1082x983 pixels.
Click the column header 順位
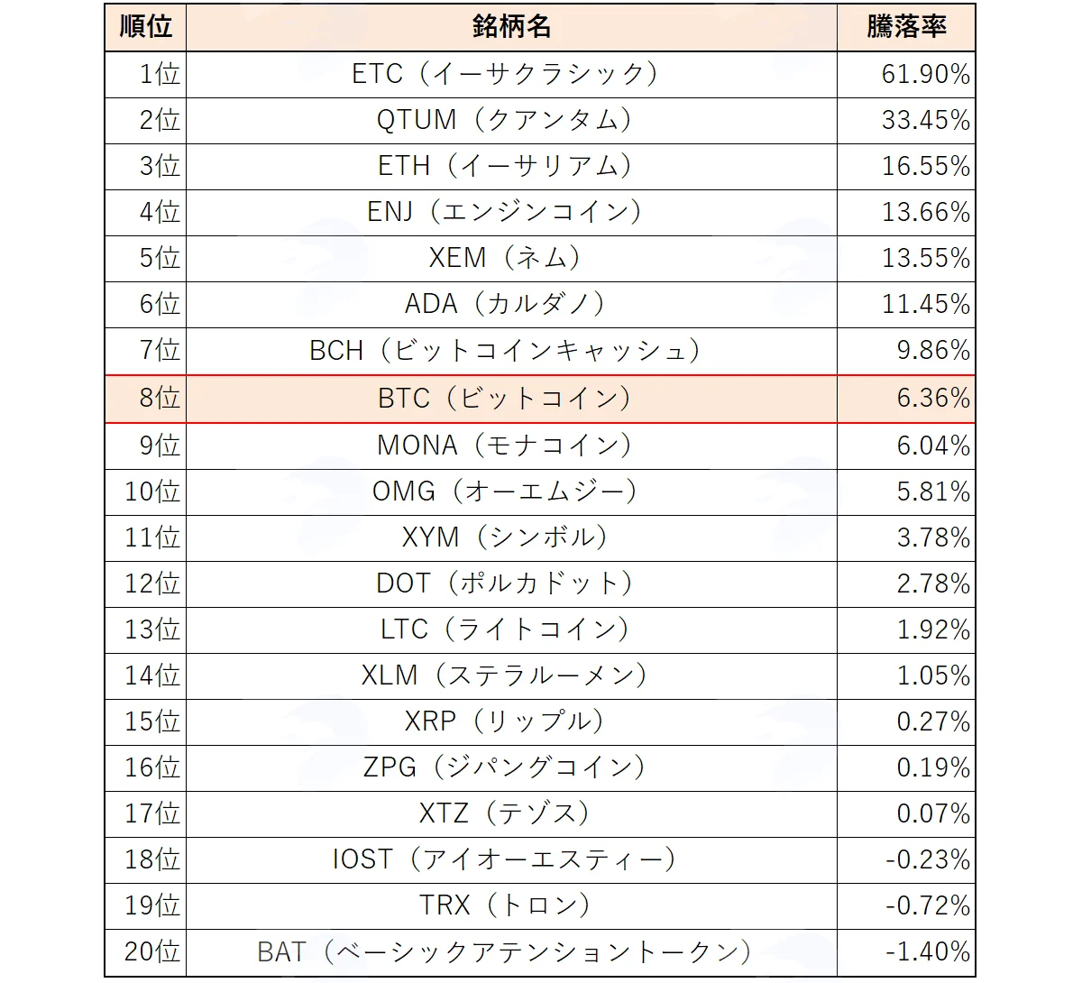click(146, 26)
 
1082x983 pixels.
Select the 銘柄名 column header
click(511, 26)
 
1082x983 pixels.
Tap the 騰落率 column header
click(907, 26)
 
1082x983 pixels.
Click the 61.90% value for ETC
click(926, 75)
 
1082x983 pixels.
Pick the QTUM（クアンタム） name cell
click(504, 120)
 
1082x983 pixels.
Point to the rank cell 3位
click(160, 166)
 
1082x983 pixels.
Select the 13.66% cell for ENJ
click(926, 212)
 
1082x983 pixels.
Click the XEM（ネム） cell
click(504, 258)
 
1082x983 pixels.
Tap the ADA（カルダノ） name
click(504, 304)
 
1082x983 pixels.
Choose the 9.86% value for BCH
click(933, 351)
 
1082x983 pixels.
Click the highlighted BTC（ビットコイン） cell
click(504, 399)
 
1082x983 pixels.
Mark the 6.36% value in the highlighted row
click(933, 399)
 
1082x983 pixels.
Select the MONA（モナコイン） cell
click(504, 446)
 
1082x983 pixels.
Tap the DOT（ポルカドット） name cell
click(504, 584)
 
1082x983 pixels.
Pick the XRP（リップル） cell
click(504, 721)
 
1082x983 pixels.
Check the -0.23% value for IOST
click(928, 860)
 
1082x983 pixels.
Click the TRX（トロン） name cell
click(504, 905)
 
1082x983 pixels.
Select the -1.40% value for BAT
click(928, 951)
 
